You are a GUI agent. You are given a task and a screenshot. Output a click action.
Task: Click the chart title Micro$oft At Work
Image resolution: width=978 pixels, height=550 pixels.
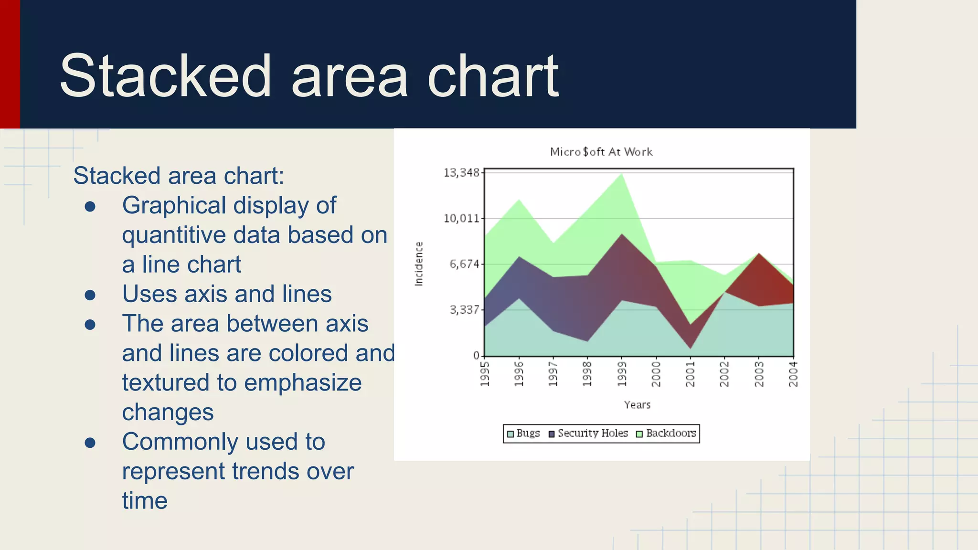(601, 152)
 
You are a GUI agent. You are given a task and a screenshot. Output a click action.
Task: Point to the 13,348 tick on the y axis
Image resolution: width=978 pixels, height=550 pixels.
(461, 173)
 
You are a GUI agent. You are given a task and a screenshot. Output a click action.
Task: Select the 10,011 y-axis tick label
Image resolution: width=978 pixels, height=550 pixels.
(461, 219)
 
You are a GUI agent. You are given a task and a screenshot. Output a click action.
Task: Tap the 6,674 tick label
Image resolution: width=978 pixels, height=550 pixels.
(464, 264)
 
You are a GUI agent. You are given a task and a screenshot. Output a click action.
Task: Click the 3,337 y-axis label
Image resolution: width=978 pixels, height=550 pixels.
(464, 310)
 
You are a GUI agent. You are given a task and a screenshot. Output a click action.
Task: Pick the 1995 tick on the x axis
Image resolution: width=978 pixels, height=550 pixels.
(485, 374)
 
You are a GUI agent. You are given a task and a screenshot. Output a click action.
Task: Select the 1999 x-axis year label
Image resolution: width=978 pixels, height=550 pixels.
(622, 374)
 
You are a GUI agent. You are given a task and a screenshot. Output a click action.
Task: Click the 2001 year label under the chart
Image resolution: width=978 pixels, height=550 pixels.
(691, 374)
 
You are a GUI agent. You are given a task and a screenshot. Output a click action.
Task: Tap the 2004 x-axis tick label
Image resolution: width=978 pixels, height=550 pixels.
(793, 374)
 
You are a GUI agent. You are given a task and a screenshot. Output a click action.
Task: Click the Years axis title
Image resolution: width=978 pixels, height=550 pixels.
(637, 405)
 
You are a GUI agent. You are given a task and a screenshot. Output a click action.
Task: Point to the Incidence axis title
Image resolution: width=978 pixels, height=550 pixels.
(419, 264)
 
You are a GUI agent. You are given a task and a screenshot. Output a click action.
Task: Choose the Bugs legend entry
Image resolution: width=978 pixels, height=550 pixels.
(523, 434)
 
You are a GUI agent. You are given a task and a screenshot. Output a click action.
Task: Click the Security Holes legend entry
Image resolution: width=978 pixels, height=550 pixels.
(588, 434)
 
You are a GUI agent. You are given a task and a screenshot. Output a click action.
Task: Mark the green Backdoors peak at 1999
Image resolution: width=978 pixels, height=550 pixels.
(622, 177)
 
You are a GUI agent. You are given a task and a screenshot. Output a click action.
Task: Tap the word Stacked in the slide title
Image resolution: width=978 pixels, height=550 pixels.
(165, 76)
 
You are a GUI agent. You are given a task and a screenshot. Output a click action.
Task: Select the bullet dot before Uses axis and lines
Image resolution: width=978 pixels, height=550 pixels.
(90, 295)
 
